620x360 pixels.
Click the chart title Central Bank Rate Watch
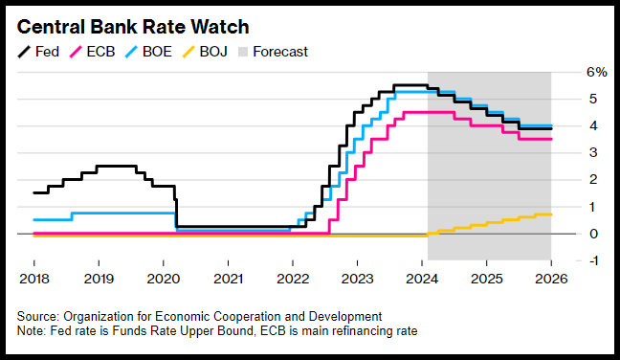[133, 28]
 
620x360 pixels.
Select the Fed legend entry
[38, 52]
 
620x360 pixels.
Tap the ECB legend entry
[92, 52]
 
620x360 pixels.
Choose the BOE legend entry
[148, 52]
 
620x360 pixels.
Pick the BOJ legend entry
[205, 52]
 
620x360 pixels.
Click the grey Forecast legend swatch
[243, 52]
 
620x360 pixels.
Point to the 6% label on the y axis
[597, 72]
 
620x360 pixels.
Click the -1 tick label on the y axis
[592, 260]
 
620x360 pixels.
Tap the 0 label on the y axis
[593, 234]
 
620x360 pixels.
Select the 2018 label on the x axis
[34, 279]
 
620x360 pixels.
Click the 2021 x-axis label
[228, 279]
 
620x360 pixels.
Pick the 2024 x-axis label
[422, 279]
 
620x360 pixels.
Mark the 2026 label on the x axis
[551, 279]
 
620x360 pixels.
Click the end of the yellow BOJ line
[551, 214]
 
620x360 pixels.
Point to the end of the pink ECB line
[551, 139]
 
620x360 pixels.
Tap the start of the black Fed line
[34, 192]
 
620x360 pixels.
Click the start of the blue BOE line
[34, 219]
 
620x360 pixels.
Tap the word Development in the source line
[345, 317]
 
